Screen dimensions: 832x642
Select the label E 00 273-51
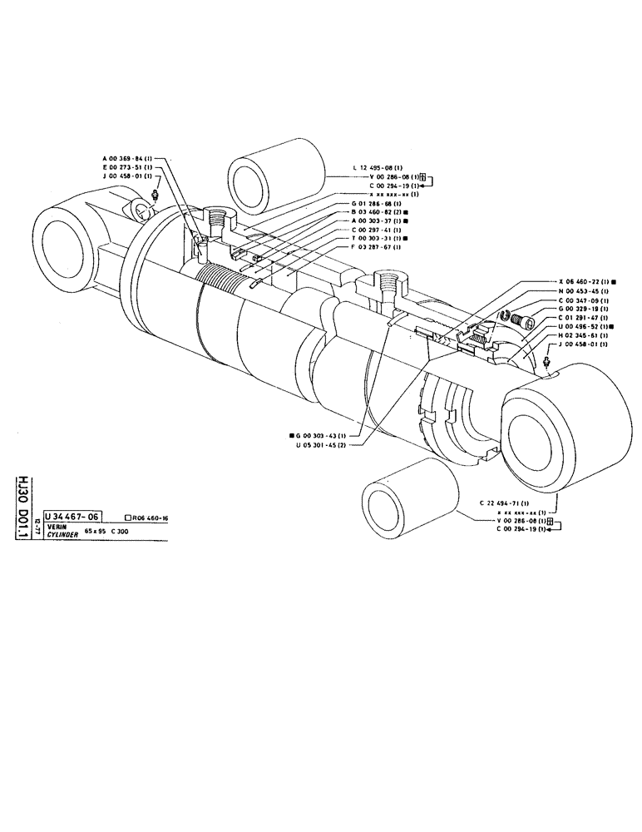124,166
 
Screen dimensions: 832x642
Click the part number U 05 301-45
321,444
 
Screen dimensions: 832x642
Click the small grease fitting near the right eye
545,361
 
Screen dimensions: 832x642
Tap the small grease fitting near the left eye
156,196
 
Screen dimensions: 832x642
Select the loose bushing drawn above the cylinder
275,170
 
